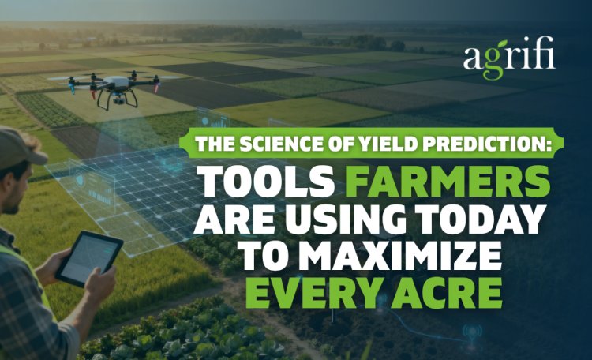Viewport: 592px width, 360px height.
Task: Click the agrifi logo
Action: [x=509, y=58]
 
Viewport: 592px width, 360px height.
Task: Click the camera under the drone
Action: [x=118, y=99]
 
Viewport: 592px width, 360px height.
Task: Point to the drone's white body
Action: [x=117, y=82]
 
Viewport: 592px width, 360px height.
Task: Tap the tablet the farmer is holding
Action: [x=89, y=259]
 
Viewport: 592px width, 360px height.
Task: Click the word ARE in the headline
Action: [x=236, y=219]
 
